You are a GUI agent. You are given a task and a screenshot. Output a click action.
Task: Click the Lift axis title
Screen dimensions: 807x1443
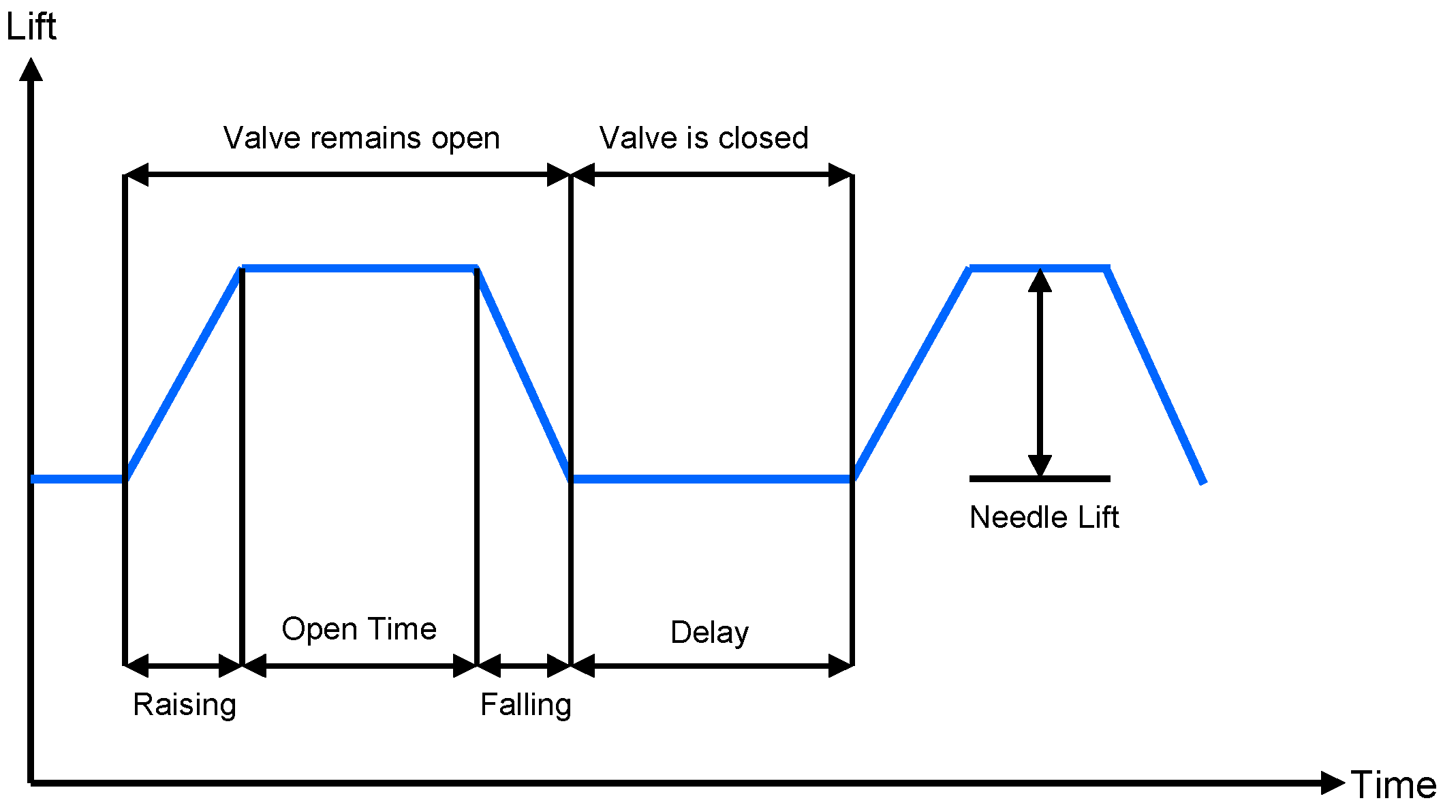point(31,27)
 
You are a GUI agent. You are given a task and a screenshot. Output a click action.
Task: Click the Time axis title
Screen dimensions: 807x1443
point(1393,785)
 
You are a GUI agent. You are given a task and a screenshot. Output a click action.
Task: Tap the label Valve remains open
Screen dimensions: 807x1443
point(361,138)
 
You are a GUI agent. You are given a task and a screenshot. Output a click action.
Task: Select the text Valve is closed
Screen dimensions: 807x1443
point(704,138)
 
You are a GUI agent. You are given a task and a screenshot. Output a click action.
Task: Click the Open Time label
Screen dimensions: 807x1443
point(359,629)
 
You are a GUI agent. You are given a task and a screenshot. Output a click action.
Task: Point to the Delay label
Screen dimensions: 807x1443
point(709,632)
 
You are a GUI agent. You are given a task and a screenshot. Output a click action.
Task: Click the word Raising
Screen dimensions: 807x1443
point(184,704)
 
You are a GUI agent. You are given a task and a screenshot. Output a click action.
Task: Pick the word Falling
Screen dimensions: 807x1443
point(525,704)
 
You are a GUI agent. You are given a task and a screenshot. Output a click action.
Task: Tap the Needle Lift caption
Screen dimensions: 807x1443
point(1044,518)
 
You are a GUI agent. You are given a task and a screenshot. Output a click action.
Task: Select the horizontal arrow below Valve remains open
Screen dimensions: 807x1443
point(347,175)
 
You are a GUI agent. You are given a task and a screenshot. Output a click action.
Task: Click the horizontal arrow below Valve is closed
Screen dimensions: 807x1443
point(711,175)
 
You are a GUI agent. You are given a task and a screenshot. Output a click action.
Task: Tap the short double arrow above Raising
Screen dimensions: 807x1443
point(183,665)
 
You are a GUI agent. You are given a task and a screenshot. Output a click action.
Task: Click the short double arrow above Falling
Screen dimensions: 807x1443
point(523,665)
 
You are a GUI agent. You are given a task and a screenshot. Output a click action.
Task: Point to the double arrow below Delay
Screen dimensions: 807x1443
point(711,665)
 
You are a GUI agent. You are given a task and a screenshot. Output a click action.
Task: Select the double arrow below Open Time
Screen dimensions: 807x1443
point(359,665)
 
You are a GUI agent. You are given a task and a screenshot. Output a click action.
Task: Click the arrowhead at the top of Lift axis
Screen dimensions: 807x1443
point(31,69)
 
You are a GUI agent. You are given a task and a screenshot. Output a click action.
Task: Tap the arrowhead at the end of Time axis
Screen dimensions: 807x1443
point(1332,782)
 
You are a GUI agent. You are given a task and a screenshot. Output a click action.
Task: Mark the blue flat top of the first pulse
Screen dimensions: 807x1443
point(359,268)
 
